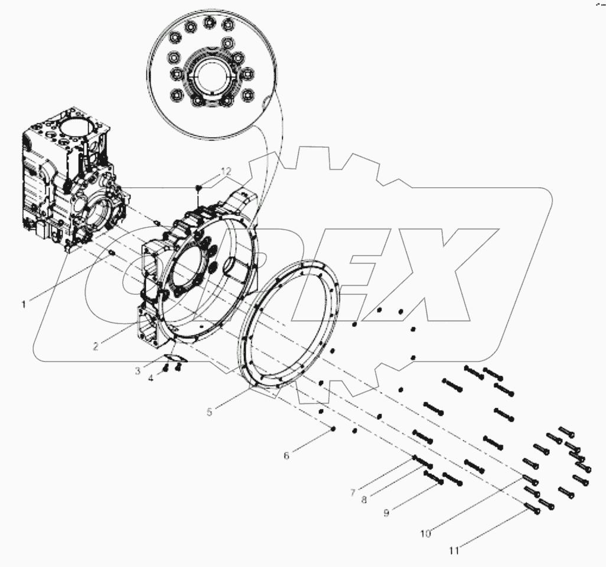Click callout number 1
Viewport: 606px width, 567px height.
point(24,304)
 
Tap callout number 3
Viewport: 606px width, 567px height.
point(137,371)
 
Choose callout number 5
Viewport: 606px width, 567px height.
point(210,412)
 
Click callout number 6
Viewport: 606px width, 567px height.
point(287,455)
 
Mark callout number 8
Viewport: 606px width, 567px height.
point(364,500)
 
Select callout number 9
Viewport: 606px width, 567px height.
point(386,513)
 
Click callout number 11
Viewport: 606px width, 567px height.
point(454,550)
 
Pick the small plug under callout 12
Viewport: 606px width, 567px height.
point(198,188)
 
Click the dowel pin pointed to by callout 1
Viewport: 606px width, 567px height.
point(111,255)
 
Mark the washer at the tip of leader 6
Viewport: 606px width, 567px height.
point(334,429)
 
